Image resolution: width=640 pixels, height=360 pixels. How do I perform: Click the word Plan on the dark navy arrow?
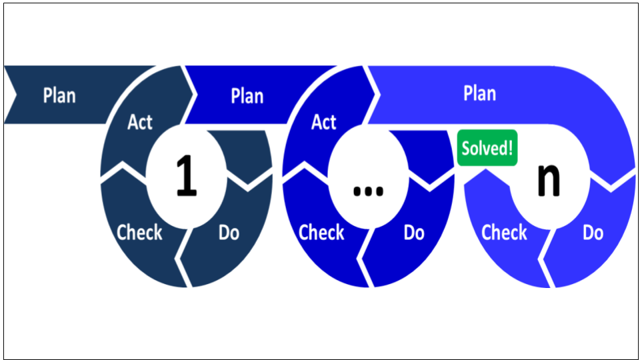(x=59, y=96)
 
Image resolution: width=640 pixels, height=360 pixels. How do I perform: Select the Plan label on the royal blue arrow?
(x=247, y=96)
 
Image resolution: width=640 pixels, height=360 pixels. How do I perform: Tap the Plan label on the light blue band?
(x=479, y=93)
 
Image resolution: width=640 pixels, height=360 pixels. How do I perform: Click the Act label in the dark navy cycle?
(x=139, y=122)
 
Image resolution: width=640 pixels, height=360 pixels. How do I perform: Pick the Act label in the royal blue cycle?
(x=324, y=122)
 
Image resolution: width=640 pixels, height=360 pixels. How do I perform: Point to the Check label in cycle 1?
(x=139, y=233)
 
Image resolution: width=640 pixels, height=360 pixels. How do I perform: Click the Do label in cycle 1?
(x=229, y=233)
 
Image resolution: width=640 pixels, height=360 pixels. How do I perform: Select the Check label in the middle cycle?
(x=321, y=233)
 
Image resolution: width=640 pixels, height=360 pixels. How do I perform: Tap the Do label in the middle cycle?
(x=414, y=233)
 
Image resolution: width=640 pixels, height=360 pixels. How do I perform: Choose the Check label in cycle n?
(x=504, y=233)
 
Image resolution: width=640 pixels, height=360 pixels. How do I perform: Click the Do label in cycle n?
(x=593, y=233)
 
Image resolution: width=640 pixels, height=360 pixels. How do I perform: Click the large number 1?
(x=187, y=175)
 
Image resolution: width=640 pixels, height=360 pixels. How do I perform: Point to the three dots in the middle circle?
(x=368, y=191)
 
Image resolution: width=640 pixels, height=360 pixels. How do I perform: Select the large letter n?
(x=549, y=179)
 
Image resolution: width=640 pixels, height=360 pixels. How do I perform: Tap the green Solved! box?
(x=487, y=148)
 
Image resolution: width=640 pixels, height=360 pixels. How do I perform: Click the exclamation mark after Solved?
(x=510, y=148)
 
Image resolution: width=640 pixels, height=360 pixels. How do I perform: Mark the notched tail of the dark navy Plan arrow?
(x=15, y=95)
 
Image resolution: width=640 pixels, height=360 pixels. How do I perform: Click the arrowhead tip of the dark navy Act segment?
(x=197, y=95)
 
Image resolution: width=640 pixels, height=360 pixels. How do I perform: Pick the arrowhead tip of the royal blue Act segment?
(x=379, y=95)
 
